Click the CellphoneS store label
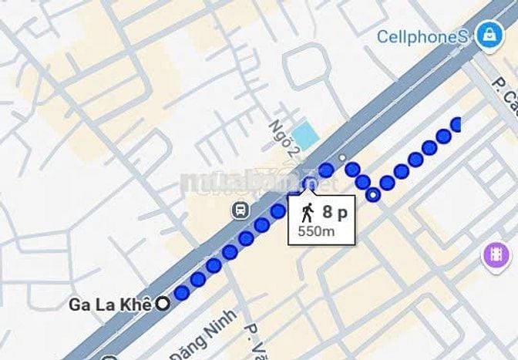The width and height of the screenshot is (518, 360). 422,36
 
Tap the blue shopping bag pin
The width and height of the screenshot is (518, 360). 488,35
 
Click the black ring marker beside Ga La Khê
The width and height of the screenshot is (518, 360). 163,304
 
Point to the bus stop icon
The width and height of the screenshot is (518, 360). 241,210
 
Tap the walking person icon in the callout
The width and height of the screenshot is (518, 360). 308,211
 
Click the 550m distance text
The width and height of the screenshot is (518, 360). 315,230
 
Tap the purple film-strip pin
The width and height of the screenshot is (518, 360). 496,255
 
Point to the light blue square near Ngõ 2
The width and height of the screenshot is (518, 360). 306,136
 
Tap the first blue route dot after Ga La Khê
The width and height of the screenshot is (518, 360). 182,292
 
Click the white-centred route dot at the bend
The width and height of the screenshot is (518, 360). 373,194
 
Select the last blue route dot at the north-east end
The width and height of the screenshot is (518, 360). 457,124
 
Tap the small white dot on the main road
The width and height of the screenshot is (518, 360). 342,157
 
